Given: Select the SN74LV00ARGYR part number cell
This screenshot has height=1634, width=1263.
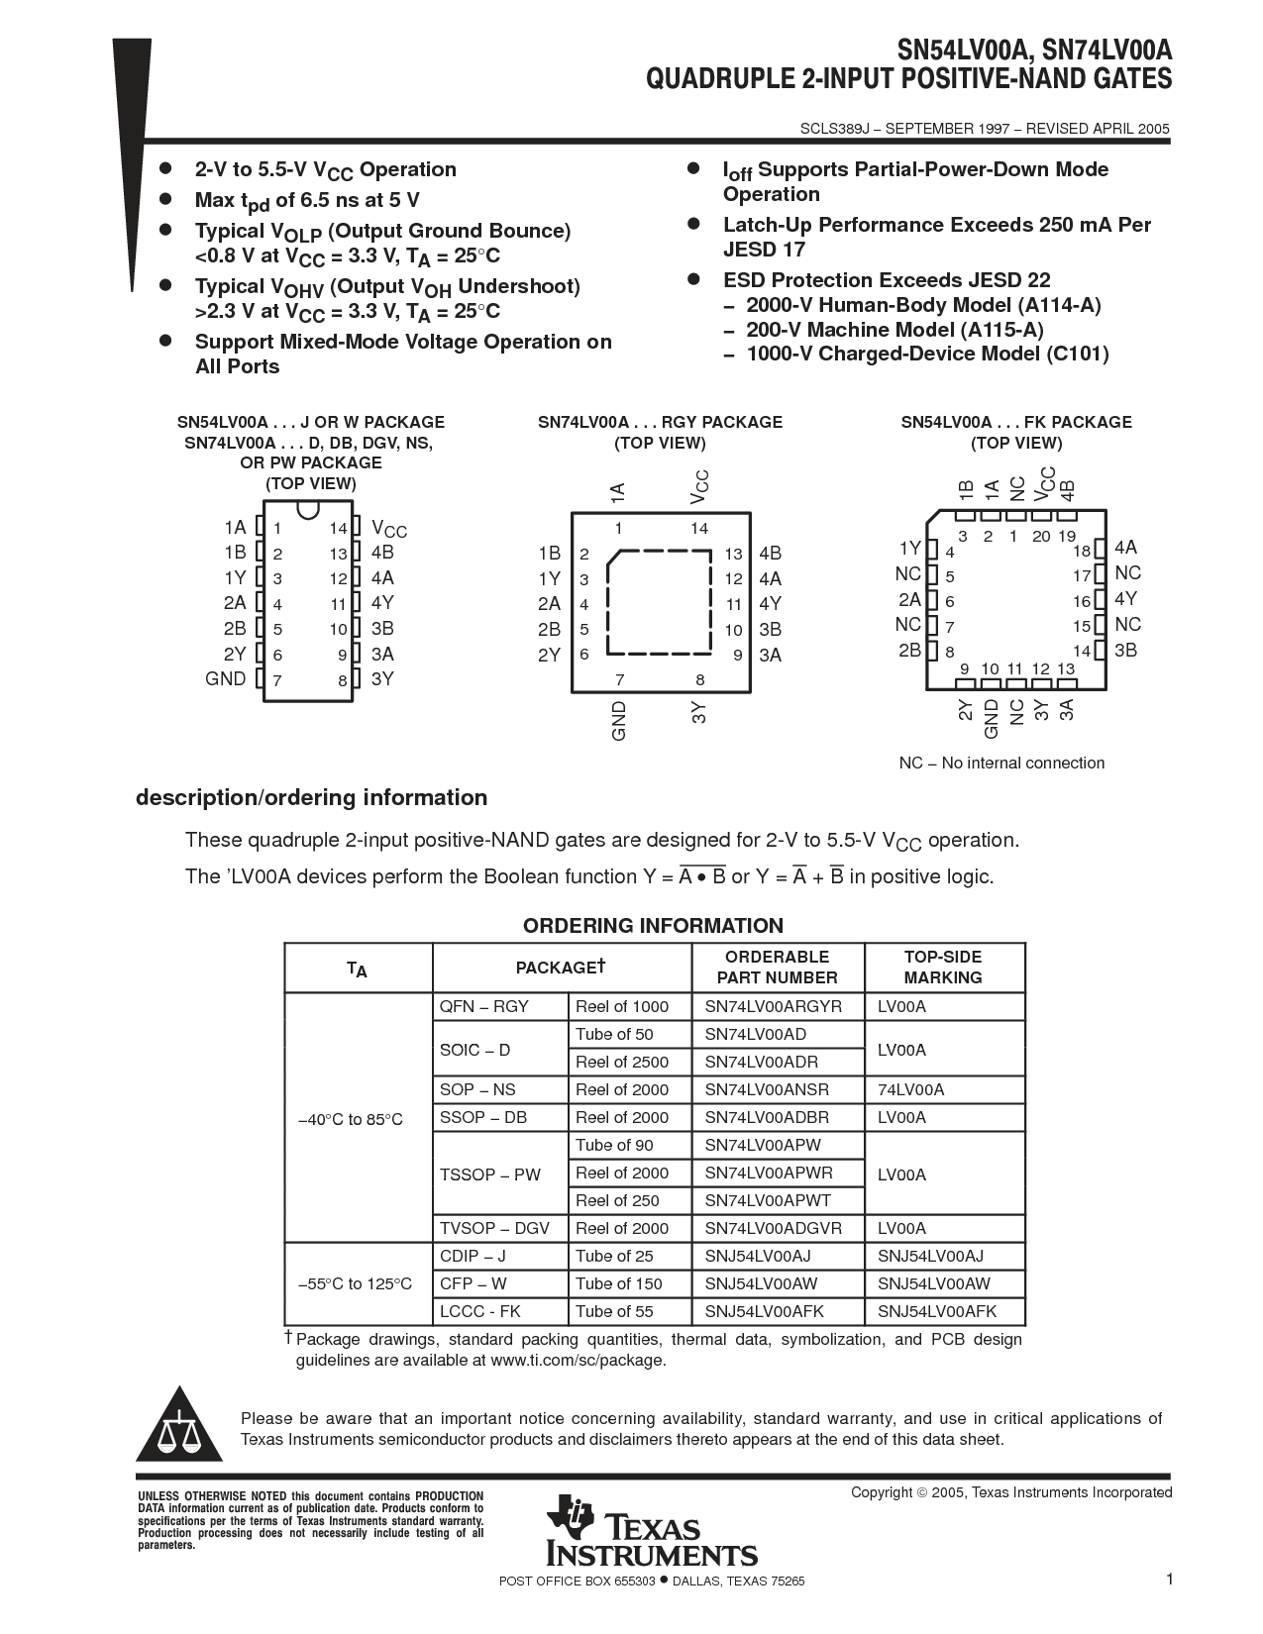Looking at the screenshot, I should point(774,1006).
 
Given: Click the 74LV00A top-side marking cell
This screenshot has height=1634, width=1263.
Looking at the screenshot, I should point(911,1089).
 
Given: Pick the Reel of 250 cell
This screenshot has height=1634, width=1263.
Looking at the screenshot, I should point(617,1200).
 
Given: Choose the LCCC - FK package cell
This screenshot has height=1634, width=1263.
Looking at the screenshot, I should point(480,1311).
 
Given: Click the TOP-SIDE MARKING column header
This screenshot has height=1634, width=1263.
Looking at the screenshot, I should point(943,967).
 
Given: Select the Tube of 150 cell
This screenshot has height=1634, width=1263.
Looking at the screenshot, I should point(619,1283).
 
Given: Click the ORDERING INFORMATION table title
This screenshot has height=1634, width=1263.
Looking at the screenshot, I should point(653,926).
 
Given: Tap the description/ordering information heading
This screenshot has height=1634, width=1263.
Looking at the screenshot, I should point(311,797).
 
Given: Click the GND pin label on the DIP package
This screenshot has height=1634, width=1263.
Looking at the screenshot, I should point(226,678).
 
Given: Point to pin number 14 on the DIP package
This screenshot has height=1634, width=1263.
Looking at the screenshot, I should point(339,529).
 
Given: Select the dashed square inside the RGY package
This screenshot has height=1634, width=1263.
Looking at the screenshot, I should point(659,602).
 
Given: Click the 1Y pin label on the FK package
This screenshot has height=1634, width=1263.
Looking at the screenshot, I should point(909,548).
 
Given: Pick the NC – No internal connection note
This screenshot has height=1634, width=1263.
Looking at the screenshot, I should point(1001,763).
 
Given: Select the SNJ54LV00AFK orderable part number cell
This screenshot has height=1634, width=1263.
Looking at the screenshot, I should point(765,1311).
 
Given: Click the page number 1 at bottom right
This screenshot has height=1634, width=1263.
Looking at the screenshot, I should point(1170,1580).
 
